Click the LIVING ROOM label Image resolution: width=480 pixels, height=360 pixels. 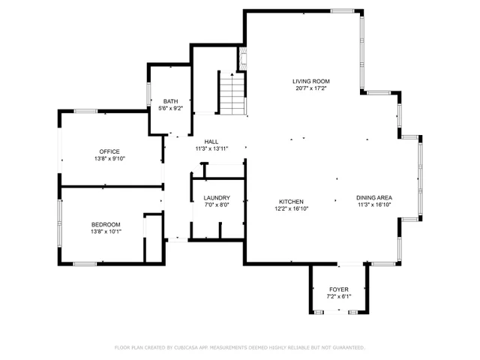point(311,81)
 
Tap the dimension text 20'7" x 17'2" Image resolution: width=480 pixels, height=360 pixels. point(311,88)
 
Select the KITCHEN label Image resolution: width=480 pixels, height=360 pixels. point(291,202)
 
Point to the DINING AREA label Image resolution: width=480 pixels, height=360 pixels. point(374,198)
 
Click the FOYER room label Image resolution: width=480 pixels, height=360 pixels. point(339,289)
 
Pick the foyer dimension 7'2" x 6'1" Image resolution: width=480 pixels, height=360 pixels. point(339,296)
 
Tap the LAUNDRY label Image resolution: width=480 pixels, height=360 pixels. point(216,198)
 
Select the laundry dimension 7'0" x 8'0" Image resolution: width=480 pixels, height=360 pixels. point(216,205)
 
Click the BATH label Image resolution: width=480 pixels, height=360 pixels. point(170,101)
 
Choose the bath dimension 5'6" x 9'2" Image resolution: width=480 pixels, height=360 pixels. point(170,109)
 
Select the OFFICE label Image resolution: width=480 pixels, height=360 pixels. point(109,151)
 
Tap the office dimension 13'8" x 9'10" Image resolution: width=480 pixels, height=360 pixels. point(109,158)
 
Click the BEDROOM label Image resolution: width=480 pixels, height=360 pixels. point(106,224)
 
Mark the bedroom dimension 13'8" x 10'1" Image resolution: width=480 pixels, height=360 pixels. point(106,232)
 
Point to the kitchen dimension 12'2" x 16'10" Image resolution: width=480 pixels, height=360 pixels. point(291,208)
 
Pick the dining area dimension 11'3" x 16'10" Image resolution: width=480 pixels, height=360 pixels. point(374,205)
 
